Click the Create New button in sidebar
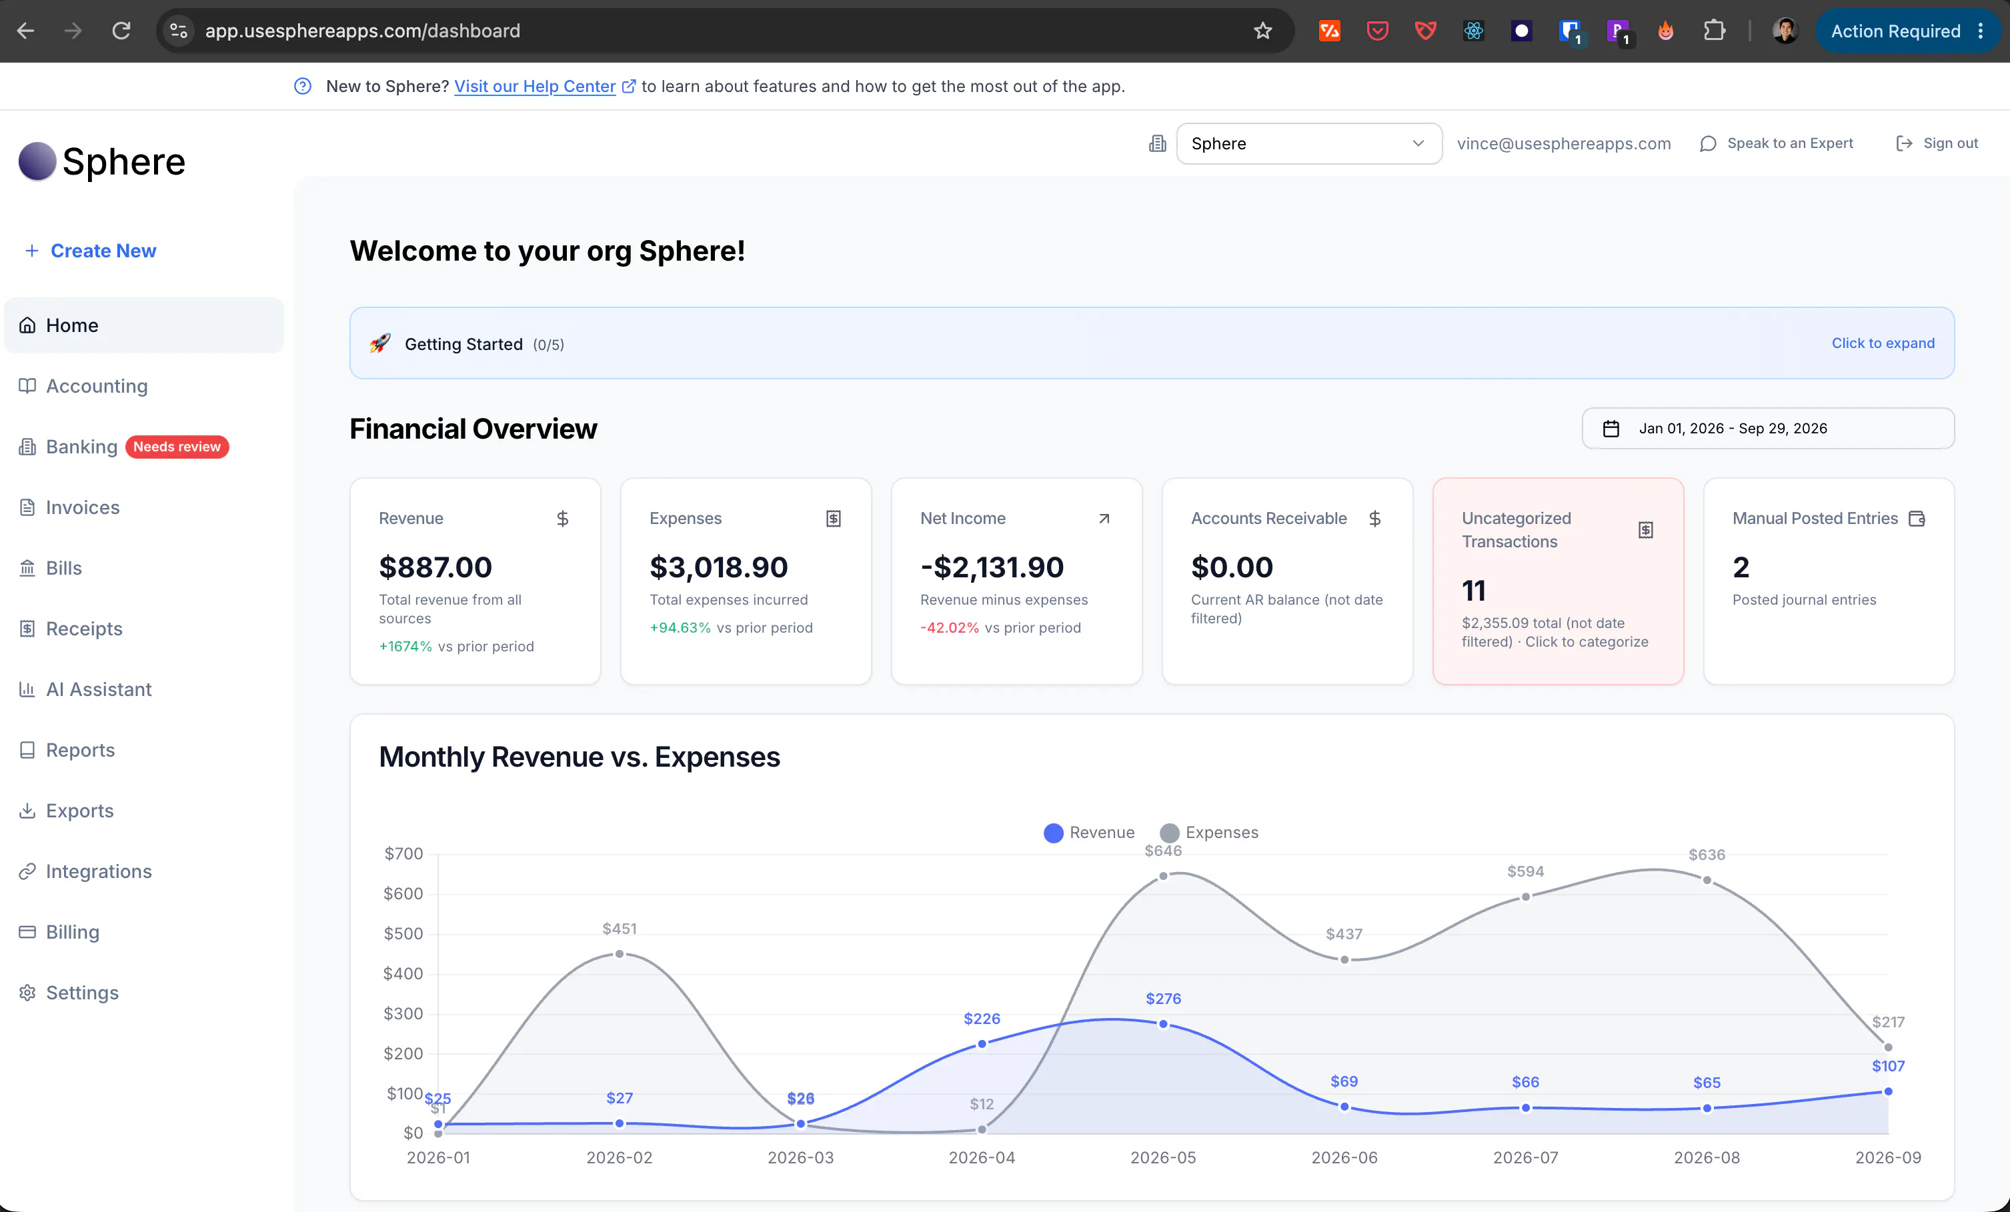91,251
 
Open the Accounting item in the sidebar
96,386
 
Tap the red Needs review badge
177,447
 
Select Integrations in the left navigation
99,871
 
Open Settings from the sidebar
81,993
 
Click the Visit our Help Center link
535,87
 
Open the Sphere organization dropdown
1308,143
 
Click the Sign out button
1937,143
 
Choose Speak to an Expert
1777,143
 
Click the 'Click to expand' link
1883,343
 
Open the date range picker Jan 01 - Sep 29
1768,428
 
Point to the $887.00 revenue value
435,567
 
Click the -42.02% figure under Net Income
950,627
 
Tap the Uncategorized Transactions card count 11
1473,590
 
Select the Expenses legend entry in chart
1209,833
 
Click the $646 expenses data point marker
1163,876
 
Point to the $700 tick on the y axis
403,854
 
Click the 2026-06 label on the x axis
1344,1157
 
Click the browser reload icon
121,31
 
